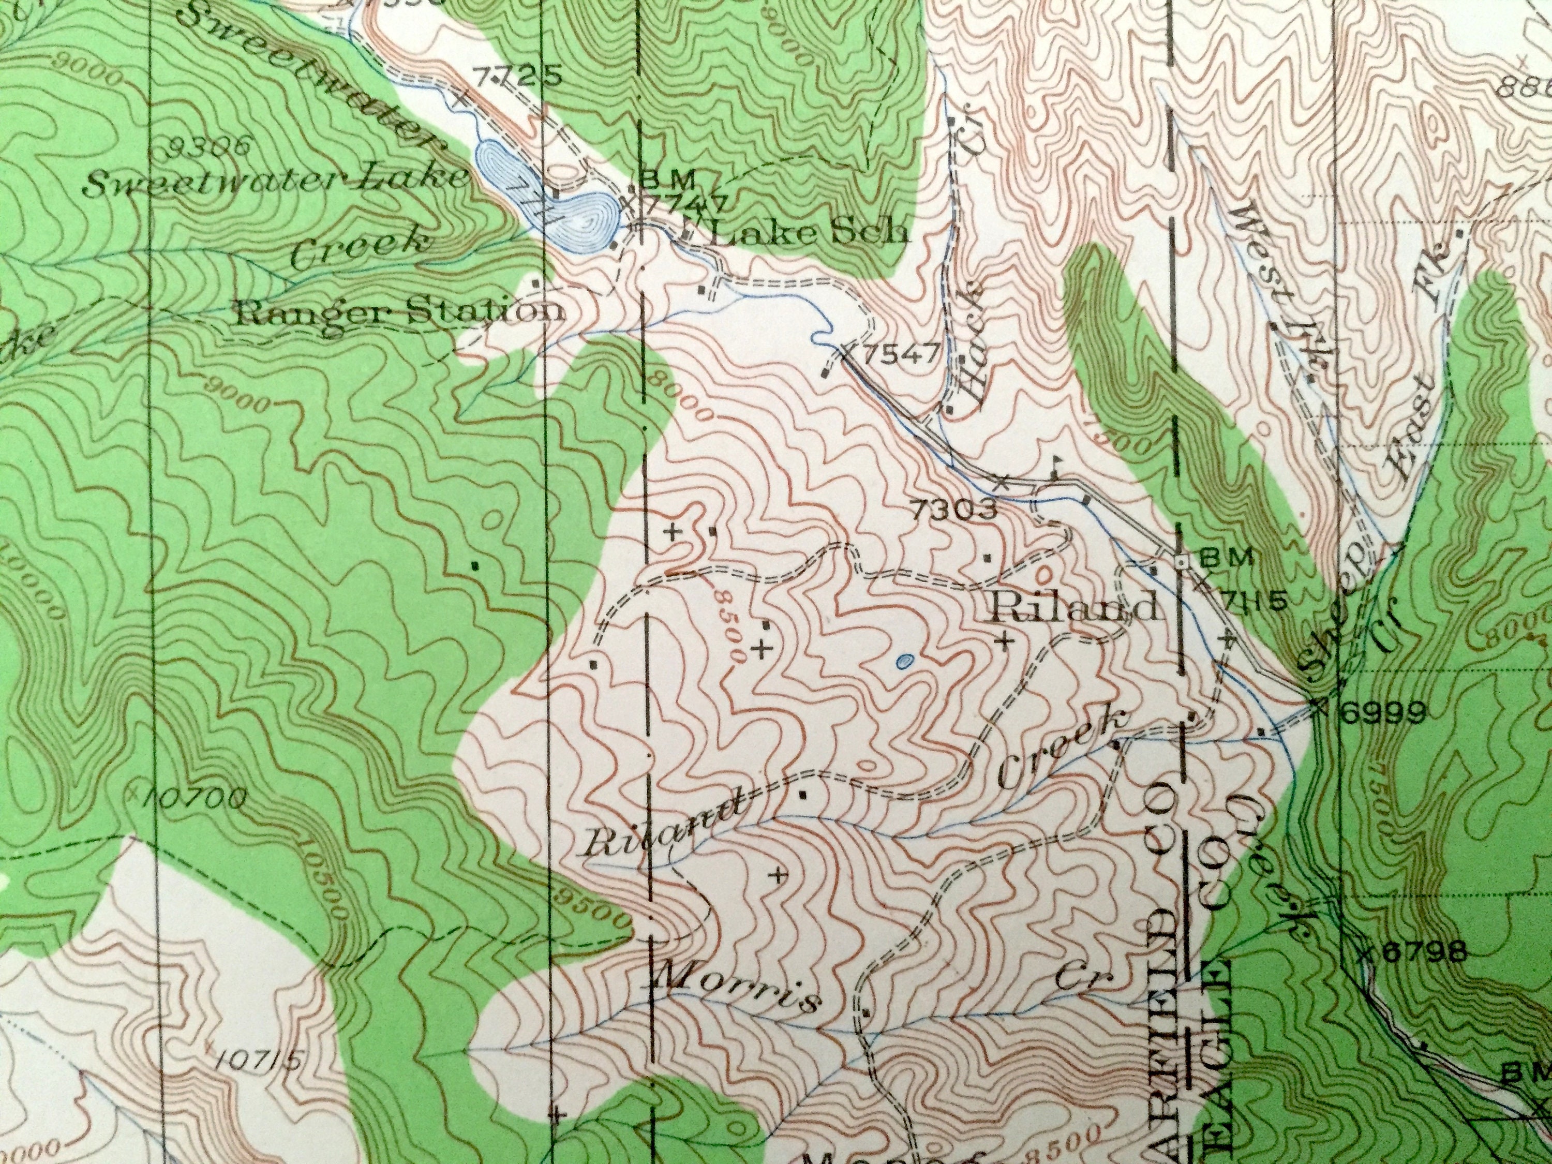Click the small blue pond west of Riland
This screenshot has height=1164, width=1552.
(x=905, y=660)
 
